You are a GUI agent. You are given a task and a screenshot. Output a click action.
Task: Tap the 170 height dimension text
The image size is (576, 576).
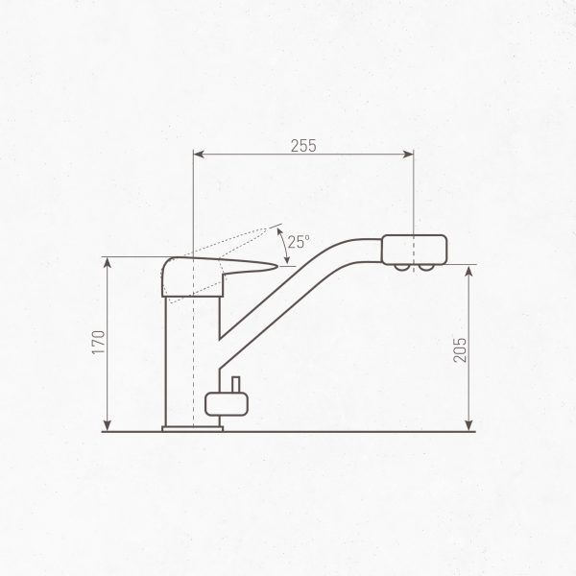(x=98, y=342)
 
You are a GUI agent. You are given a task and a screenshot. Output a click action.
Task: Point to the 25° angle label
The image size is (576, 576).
(x=299, y=243)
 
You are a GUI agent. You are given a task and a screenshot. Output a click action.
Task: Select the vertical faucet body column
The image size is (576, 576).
(x=192, y=355)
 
